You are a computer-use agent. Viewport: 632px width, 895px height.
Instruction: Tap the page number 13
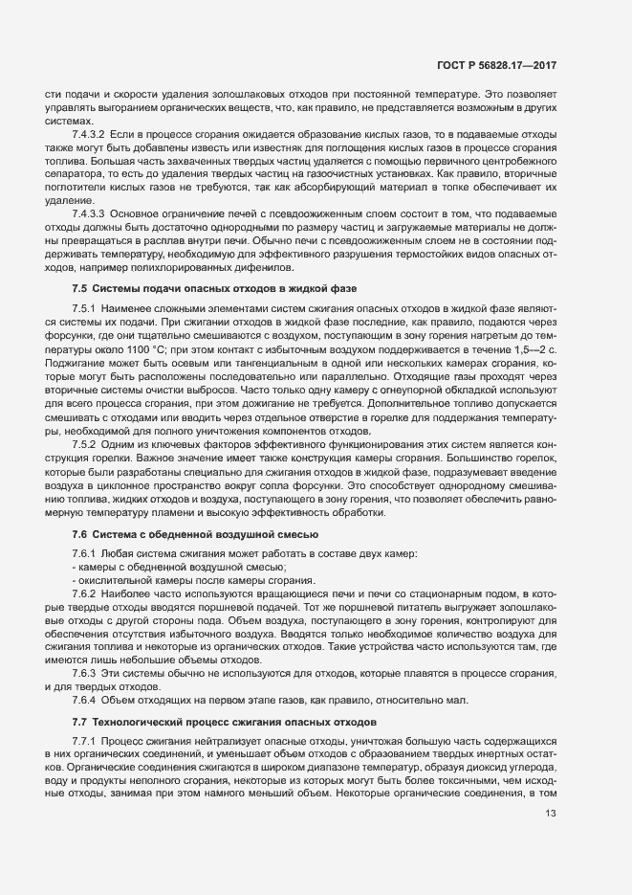point(550,840)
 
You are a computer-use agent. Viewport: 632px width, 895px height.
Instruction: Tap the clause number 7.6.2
point(85,593)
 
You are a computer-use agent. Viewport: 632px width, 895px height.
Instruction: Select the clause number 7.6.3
point(85,673)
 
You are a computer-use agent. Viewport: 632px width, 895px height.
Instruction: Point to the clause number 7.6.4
point(85,700)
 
